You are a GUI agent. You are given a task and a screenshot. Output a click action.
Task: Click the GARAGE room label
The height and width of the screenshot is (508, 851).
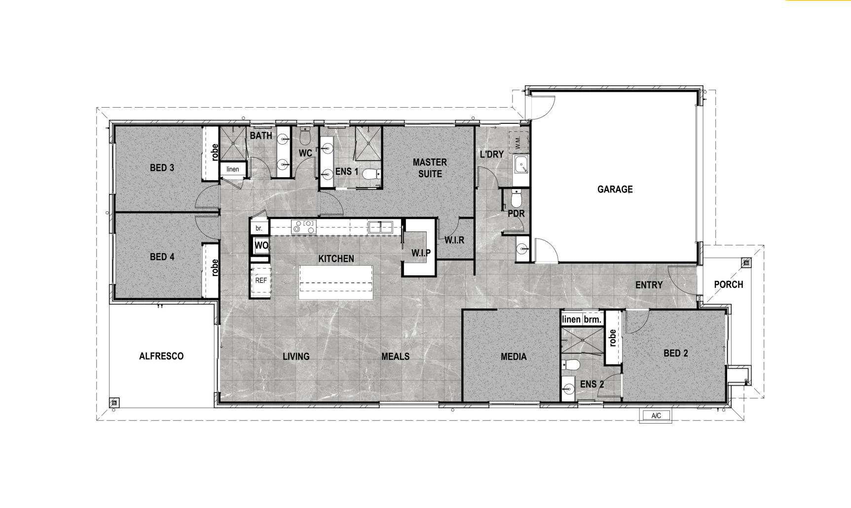pos(615,189)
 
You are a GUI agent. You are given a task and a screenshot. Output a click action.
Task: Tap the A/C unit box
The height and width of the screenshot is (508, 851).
pos(656,416)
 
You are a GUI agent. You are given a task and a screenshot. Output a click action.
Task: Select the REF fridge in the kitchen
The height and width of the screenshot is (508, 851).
pos(261,280)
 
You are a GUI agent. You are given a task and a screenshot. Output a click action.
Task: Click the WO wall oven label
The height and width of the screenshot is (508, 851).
pos(261,245)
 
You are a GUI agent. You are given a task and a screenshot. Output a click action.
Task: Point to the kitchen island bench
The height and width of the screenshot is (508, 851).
pos(336,282)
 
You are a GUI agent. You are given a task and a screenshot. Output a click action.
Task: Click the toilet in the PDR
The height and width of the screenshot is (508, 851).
pos(516,198)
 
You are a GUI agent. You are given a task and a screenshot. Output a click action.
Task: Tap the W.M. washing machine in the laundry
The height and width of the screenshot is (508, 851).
pos(518,143)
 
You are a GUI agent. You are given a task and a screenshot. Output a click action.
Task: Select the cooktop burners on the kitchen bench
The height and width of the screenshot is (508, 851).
pos(303,227)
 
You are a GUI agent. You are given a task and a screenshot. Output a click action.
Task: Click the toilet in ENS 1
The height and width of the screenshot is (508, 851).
pos(371,174)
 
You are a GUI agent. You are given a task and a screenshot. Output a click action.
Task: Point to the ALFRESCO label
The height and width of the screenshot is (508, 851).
pos(161,356)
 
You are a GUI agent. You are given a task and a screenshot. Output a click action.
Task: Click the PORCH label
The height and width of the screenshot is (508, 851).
pos(729,284)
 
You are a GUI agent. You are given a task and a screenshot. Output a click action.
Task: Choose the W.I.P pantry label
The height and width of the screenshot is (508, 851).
pos(421,253)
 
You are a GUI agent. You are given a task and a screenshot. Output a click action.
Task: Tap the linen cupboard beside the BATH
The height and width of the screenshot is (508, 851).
pos(233,169)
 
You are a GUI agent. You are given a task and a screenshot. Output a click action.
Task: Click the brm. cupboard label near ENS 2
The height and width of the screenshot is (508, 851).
pos(592,319)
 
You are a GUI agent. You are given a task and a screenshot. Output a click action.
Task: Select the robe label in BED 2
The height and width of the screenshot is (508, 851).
pos(612,338)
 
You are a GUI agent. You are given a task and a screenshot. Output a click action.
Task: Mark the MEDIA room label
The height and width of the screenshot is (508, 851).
pos(514,356)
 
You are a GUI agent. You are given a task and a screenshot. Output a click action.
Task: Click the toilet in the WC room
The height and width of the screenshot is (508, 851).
pos(305,134)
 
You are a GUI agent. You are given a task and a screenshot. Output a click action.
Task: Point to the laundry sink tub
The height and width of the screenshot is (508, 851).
pos(521,164)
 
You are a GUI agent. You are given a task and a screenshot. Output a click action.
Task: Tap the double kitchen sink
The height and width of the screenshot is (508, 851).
pos(380,227)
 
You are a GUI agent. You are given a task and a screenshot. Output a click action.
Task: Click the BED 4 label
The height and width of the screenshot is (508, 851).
pos(162,257)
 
